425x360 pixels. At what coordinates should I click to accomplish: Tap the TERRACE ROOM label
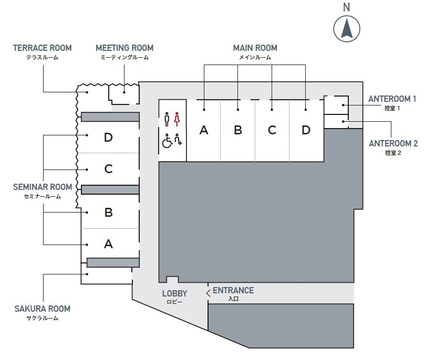[x=43, y=48]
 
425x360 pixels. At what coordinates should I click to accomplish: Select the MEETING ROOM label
[x=124, y=48]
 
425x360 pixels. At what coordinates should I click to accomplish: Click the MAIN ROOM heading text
[x=255, y=48]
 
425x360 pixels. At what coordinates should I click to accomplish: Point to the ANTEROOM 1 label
[x=392, y=99]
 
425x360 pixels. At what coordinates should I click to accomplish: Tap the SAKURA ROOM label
[x=43, y=309]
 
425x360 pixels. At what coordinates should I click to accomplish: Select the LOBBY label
[x=174, y=294]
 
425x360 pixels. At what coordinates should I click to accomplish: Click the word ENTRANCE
[x=233, y=290]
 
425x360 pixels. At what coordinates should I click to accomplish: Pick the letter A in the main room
[x=204, y=130]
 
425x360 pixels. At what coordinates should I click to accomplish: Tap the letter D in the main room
[x=306, y=130]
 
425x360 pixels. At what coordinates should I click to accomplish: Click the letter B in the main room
[x=238, y=130]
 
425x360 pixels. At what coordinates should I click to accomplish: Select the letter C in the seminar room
[x=108, y=169]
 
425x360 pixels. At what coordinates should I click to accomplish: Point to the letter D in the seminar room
[x=108, y=137]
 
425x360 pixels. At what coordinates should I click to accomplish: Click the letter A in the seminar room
[x=108, y=243]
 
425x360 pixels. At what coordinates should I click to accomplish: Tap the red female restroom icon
[x=177, y=119]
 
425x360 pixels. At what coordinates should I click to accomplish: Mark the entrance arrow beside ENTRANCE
[x=209, y=293]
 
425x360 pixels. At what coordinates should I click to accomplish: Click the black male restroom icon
[x=167, y=119]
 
